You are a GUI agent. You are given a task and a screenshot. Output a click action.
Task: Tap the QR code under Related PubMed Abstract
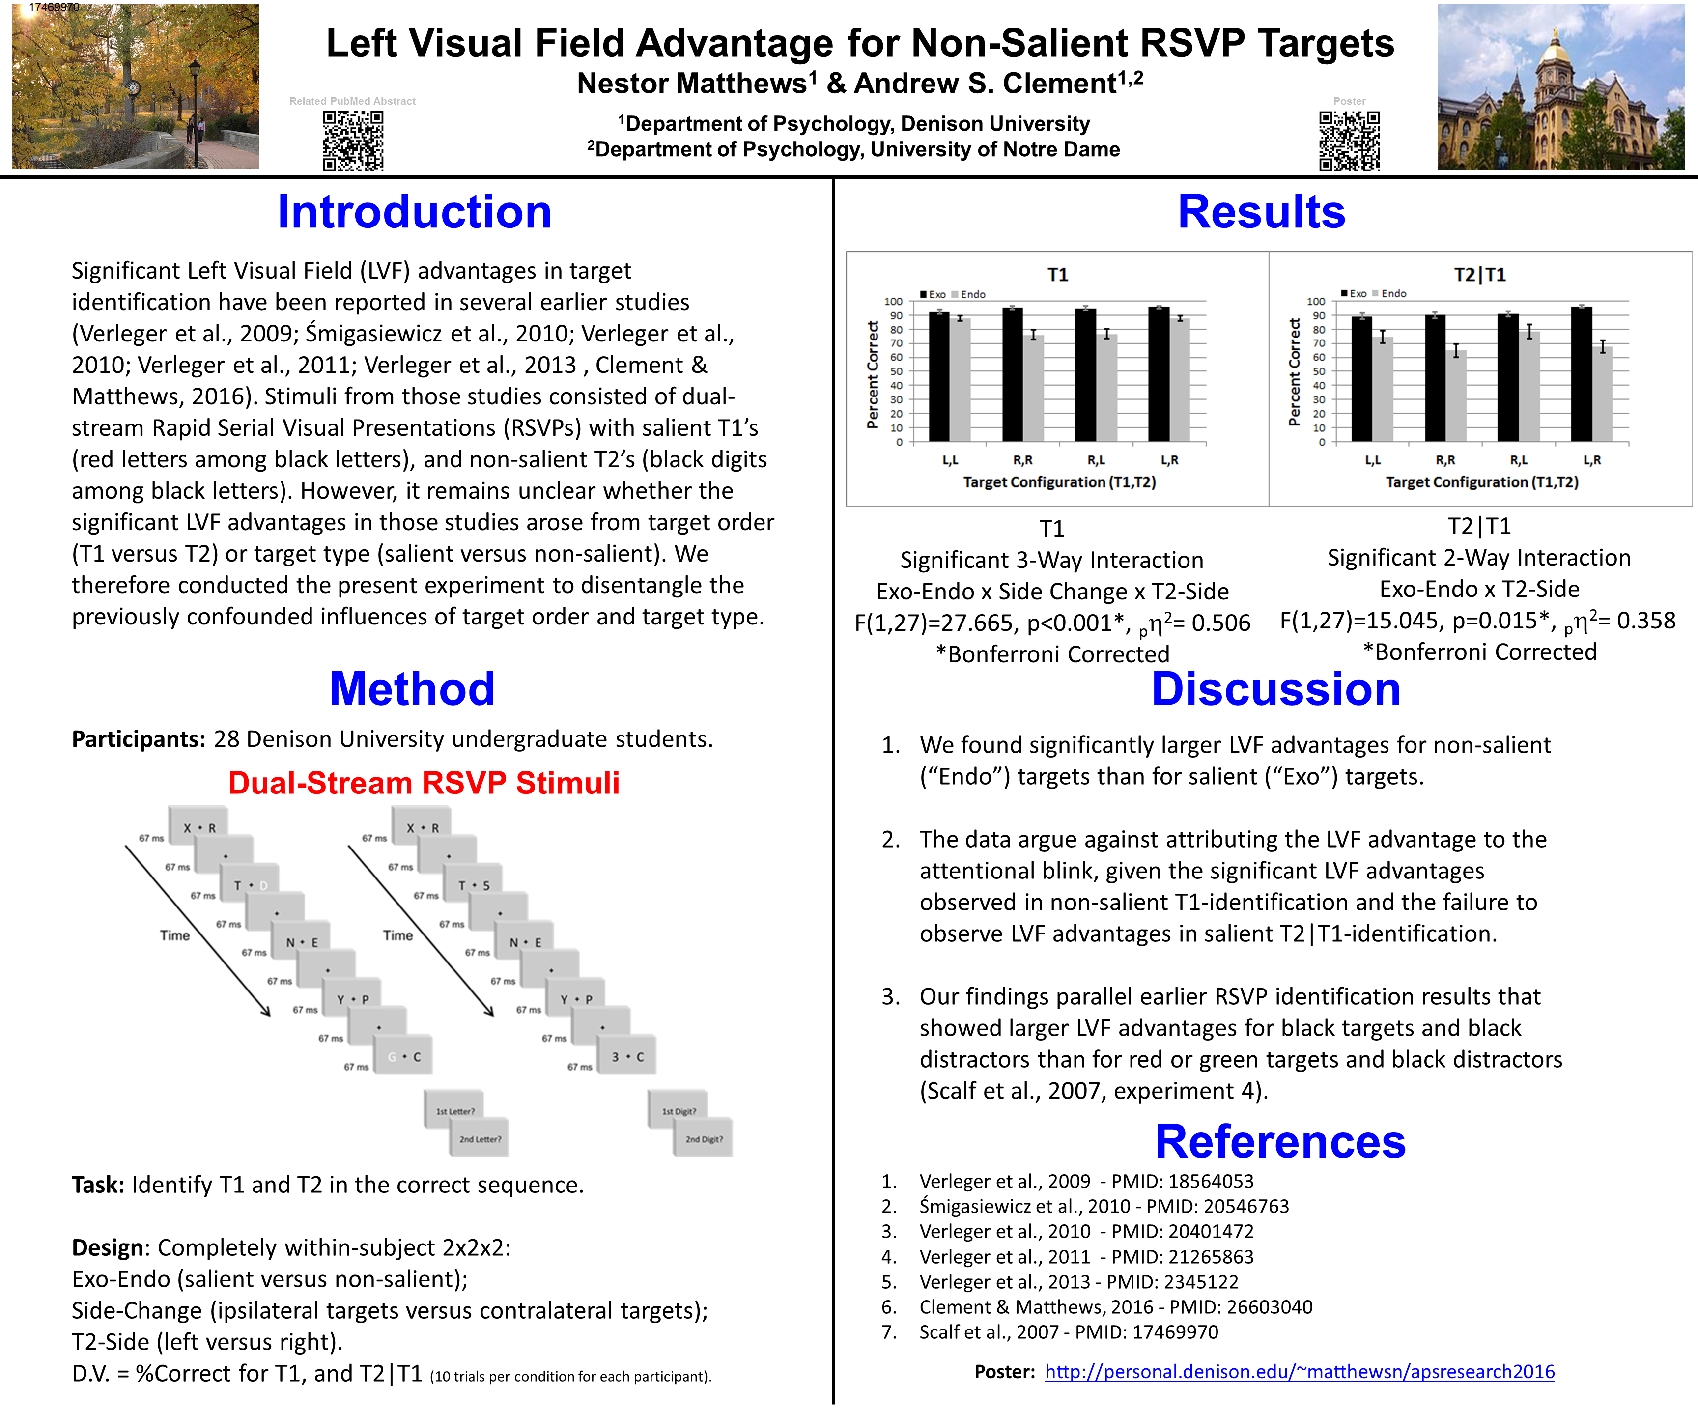coord(353,141)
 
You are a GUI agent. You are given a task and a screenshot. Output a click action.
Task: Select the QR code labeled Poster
coord(1350,141)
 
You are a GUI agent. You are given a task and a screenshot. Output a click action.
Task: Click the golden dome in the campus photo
coord(1555,54)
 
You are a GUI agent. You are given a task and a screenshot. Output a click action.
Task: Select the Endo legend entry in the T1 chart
coord(969,294)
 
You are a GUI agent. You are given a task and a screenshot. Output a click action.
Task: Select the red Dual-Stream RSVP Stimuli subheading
coord(424,783)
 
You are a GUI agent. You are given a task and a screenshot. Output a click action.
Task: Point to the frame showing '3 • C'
coord(627,1057)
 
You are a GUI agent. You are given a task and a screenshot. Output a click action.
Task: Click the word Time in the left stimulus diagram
coord(174,935)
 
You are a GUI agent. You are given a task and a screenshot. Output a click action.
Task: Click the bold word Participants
coord(138,739)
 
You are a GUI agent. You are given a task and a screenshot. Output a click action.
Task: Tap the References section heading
coord(1280,1142)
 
